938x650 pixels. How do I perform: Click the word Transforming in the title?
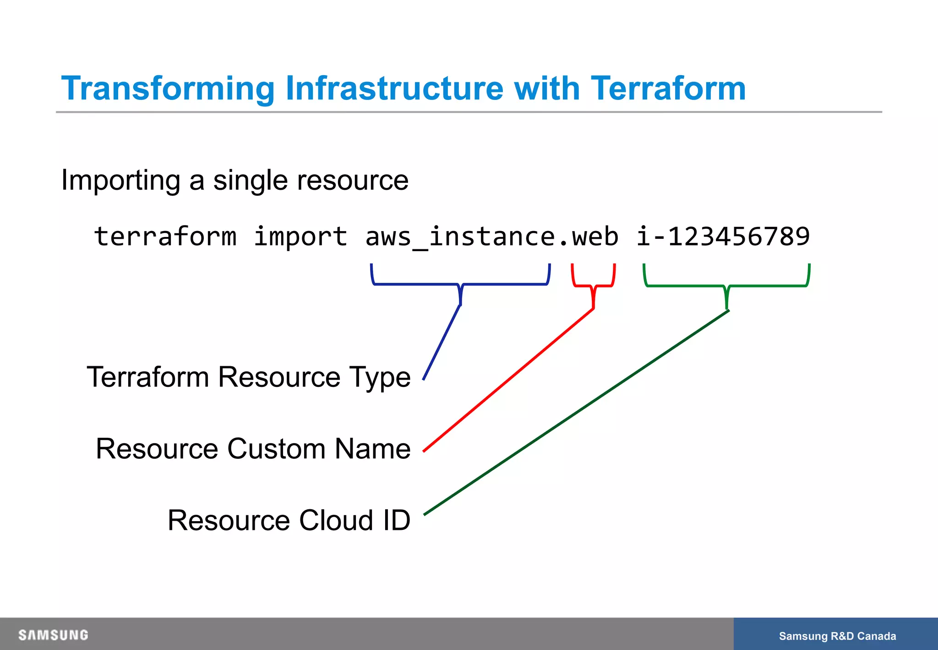coord(168,88)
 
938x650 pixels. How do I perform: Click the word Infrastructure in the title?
coord(394,88)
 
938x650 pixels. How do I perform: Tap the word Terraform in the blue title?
coord(668,88)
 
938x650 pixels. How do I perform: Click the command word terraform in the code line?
coord(165,237)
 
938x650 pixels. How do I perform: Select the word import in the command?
coord(300,237)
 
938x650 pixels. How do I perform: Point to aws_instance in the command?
coord(460,237)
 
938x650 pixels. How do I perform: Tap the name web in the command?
coord(595,237)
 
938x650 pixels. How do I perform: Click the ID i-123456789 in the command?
coord(723,237)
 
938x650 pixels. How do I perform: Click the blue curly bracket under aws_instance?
coord(460,284)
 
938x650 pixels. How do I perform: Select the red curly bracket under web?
coord(593,286)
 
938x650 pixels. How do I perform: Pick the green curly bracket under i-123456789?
coord(726,286)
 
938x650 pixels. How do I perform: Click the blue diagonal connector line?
coord(442,342)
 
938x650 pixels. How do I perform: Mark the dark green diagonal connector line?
coord(576,413)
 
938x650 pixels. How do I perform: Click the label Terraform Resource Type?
coord(249,377)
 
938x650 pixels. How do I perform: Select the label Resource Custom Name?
coord(253,449)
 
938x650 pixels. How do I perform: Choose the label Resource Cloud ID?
coord(289,521)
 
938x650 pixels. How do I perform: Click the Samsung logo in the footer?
coord(53,635)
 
